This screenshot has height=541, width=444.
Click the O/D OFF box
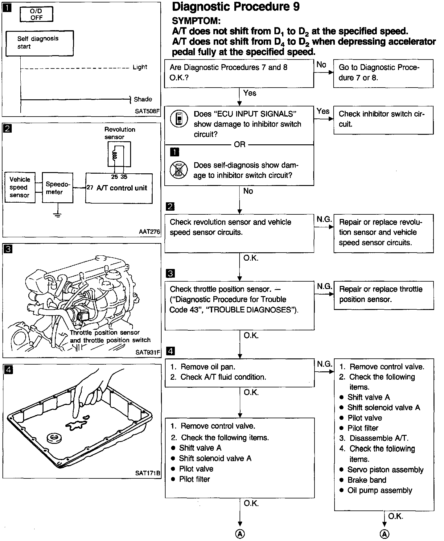click(36, 14)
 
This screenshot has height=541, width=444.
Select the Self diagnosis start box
click(39, 43)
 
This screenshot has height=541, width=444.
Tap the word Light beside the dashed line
click(140, 67)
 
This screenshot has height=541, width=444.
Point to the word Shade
click(143, 99)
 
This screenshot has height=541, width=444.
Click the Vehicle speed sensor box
click(20, 187)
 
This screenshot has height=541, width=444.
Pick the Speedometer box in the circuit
click(57, 188)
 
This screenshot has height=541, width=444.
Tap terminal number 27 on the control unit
click(90, 188)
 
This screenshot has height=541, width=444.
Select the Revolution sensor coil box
click(119, 154)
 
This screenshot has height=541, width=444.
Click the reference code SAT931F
click(148, 352)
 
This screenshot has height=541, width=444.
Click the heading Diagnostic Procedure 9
click(236, 6)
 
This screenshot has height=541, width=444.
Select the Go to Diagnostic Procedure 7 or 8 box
click(383, 73)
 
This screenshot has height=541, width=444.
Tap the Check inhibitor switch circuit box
click(383, 120)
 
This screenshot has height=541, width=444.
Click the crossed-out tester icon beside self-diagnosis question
click(179, 170)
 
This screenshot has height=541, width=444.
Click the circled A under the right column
click(384, 534)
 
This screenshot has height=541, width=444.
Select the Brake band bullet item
click(367, 480)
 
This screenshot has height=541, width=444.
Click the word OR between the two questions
click(240, 144)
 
